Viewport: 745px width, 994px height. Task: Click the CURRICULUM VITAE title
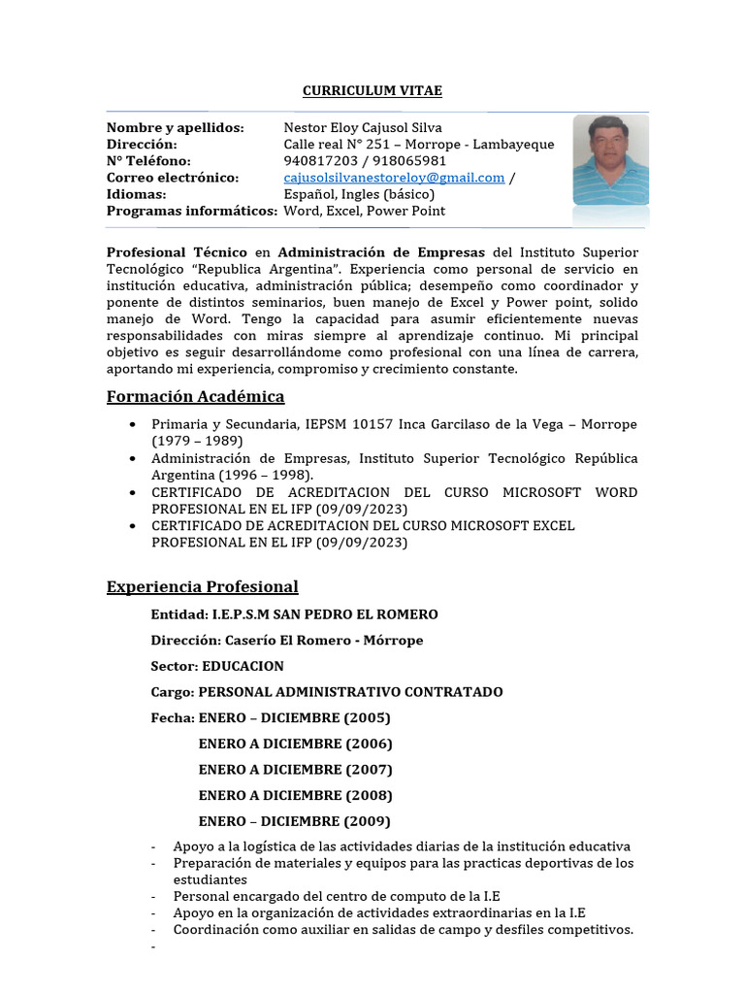(372, 90)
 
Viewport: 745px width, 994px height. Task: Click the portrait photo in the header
(610, 160)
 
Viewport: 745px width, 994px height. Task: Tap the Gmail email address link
(394, 178)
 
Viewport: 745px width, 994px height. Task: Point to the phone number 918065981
(410, 161)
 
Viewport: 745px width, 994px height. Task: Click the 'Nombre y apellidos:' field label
(175, 128)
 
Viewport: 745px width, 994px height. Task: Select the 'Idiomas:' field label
(137, 194)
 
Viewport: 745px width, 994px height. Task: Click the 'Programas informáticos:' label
(191, 211)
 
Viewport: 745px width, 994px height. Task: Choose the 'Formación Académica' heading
(195, 397)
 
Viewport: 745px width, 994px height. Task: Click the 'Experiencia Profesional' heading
(202, 587)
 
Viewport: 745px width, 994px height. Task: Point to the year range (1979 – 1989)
(198, 442)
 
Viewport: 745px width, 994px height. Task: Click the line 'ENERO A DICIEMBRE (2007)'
(295, 770)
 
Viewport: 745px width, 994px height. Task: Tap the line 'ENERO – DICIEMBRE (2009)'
(295, 821)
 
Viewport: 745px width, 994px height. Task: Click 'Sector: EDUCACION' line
(217, 666)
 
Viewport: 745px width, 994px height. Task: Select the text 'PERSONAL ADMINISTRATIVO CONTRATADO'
(350, 692)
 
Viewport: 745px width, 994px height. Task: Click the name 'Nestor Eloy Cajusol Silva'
(363, 128)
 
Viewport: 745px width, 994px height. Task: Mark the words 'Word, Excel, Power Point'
(364, 211)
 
